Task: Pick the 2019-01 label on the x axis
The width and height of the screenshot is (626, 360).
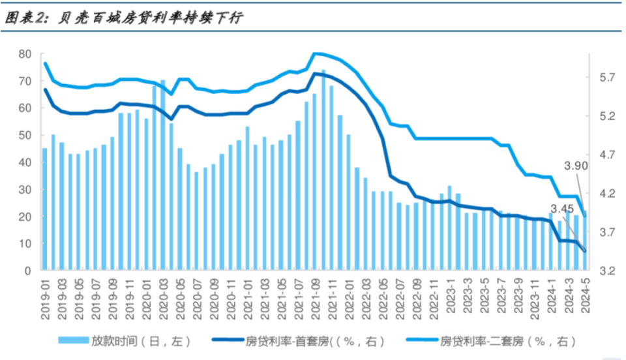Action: click(x=46, y=299)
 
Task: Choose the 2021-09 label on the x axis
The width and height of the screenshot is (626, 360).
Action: click(x=315, y=299)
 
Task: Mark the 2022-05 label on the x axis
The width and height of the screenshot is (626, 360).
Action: click(x=382, y=299)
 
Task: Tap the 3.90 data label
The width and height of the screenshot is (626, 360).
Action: click(x=576, y=166)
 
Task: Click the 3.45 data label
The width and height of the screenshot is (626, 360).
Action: click(x=561, y=209)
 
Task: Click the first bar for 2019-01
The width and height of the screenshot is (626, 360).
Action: click(x=45, y=209)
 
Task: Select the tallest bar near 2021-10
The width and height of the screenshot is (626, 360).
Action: click(x=323, y=170)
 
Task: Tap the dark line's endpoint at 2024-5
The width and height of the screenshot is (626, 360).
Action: click(x=585, y=251)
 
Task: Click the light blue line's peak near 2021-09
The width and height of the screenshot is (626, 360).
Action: click(x=315, y=53)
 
